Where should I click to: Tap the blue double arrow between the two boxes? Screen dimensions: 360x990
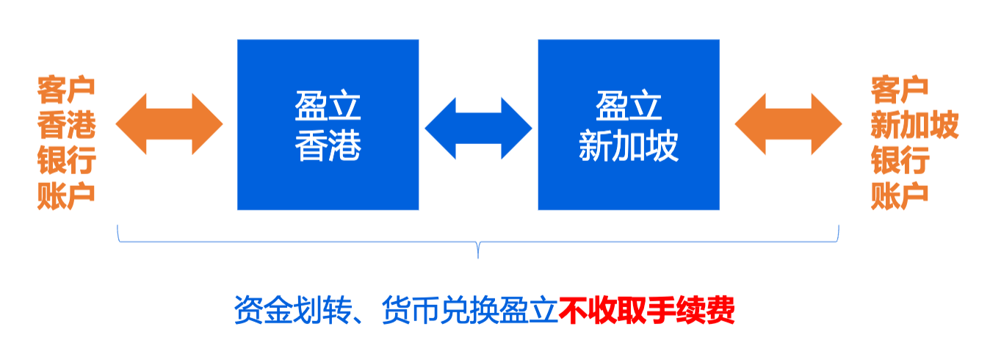click(478, 126)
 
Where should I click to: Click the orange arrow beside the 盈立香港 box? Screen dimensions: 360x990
click(169, 124)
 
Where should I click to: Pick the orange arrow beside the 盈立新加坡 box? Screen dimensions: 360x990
click(788, 124)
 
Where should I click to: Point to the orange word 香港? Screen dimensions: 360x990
click(67, 126)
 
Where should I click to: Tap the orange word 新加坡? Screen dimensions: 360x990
click(914, 126)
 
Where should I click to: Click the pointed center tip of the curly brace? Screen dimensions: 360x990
click(478, 256)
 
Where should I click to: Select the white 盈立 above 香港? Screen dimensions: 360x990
click(328, 107)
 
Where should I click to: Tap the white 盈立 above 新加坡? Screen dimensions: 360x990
click(628, 107)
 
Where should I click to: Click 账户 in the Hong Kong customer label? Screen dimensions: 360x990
click(67, 195)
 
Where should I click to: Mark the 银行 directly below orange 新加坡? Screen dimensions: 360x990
click(900, 161)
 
